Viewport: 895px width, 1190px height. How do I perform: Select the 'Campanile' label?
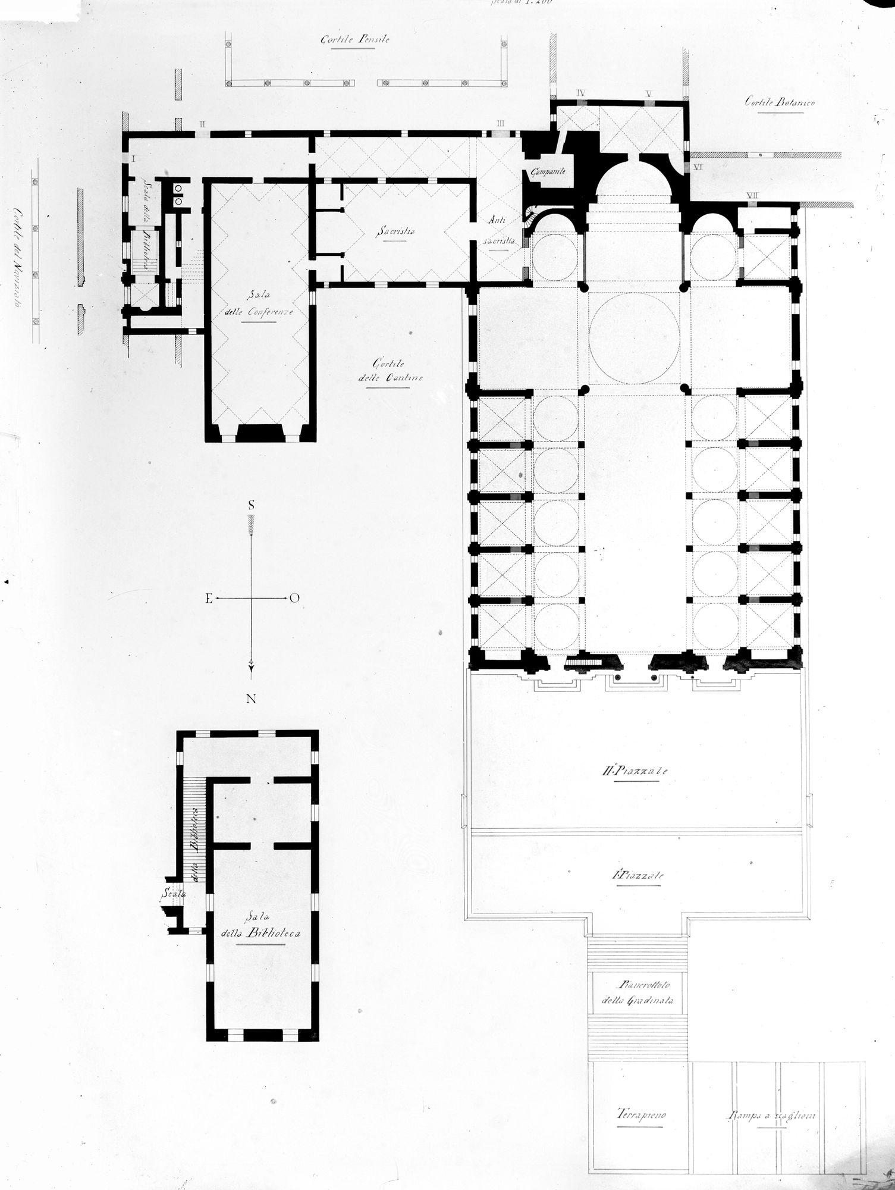(545, 172)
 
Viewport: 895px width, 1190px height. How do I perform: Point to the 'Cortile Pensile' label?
(354, 40)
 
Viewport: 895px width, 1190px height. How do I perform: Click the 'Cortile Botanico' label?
(779, 102)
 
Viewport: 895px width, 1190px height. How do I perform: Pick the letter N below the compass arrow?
(252, 699)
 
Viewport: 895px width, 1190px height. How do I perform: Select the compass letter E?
(209, 599)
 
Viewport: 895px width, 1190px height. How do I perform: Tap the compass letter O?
(294, 599)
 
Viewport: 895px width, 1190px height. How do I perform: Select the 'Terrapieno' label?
(640, 1115)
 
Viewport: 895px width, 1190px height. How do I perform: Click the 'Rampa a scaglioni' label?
(771, 1116)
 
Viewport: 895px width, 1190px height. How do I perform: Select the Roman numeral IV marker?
(582, 93)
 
